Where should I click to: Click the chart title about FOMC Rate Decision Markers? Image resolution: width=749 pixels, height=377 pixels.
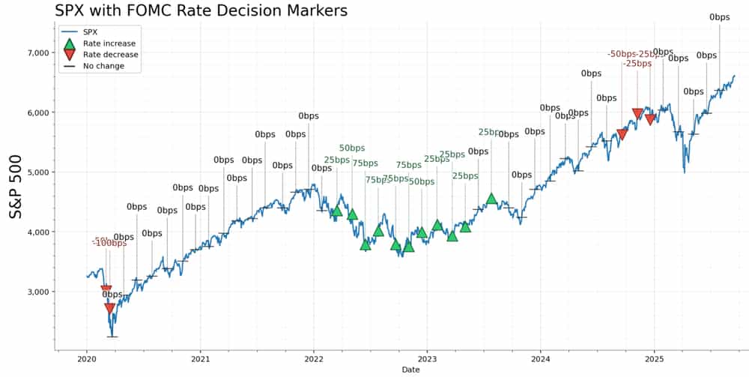pos(201,10)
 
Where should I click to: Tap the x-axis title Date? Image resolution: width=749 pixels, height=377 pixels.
pos(410,370)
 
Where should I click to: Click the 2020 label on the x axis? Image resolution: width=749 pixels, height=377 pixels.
pos(86,358)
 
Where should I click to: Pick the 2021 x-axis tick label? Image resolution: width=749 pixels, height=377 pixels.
pos(200,358)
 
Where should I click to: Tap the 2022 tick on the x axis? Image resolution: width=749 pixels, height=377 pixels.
pos(314,358)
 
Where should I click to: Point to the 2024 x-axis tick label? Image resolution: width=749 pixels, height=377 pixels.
pos(541,358)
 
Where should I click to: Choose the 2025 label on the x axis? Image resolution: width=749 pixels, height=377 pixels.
pos(655,358)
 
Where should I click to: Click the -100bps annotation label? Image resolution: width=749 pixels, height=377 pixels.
pos(109,243)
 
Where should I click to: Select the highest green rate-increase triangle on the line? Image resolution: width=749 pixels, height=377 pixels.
pos(491,199)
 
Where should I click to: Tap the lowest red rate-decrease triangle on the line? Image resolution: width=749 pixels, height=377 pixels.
pos(110,308)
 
